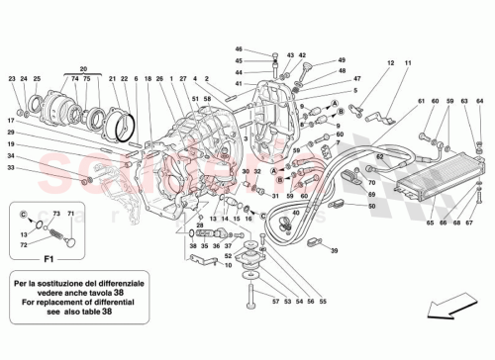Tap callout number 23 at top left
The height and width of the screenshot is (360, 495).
12,78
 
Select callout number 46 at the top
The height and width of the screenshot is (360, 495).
239,48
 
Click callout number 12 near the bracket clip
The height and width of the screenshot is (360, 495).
390,63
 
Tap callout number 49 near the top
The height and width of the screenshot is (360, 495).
315,59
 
